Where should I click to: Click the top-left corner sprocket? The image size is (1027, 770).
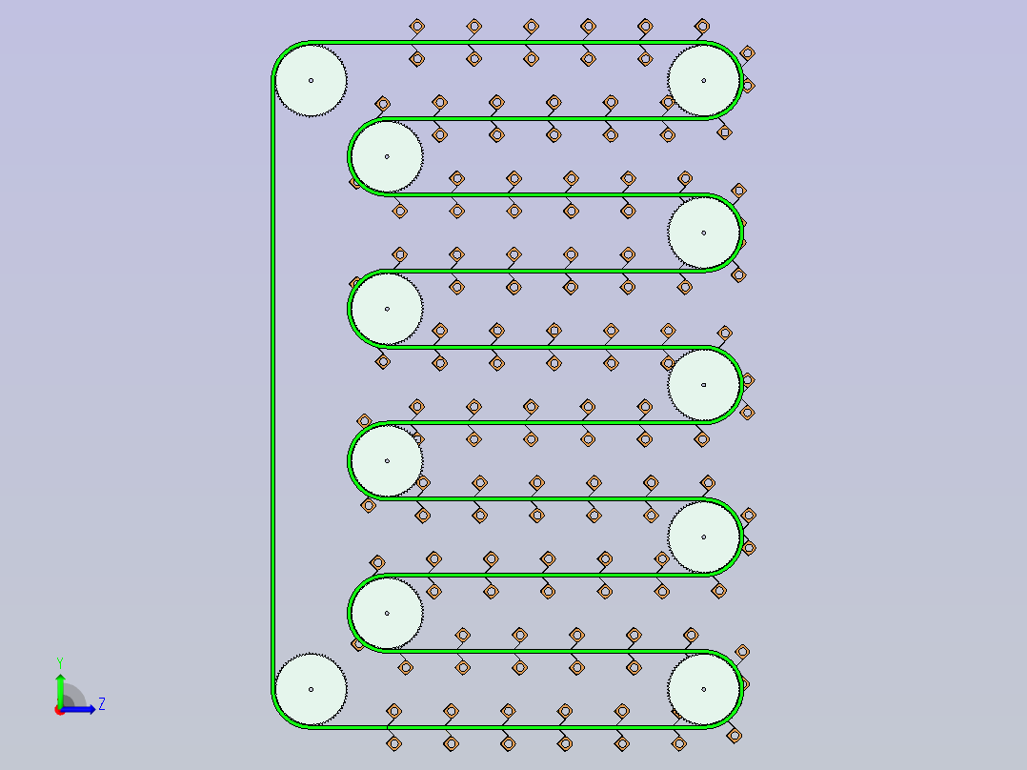click(312, 81)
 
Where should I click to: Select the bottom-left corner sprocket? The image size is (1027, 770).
click(312, 689)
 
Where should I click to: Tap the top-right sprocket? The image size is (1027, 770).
click(703, 81)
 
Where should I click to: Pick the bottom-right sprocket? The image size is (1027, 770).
click(703, 689)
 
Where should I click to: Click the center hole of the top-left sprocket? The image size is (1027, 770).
click(312, 81)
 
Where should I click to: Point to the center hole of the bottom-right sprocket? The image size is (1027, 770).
click(703, 689)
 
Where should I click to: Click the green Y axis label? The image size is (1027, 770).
click(60, 663)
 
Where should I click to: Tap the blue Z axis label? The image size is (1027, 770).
click(102, 704)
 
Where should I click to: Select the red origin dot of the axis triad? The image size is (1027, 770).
click(60, 710)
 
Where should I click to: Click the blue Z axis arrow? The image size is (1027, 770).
click(78, 709)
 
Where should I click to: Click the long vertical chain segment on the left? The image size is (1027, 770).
click(272, 385)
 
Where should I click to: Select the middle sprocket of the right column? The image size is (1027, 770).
click(703, 385)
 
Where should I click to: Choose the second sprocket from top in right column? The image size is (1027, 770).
click(703, 233)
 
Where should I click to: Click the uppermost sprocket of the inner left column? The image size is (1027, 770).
click(387, 156)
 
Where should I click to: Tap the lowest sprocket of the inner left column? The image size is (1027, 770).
click(387, 614)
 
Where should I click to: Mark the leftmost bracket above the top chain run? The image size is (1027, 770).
click(417, 27)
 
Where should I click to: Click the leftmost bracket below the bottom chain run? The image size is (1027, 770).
click(393, 743)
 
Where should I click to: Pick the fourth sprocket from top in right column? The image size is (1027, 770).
click(703, 537)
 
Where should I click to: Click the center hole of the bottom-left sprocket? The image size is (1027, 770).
click(312, 689)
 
